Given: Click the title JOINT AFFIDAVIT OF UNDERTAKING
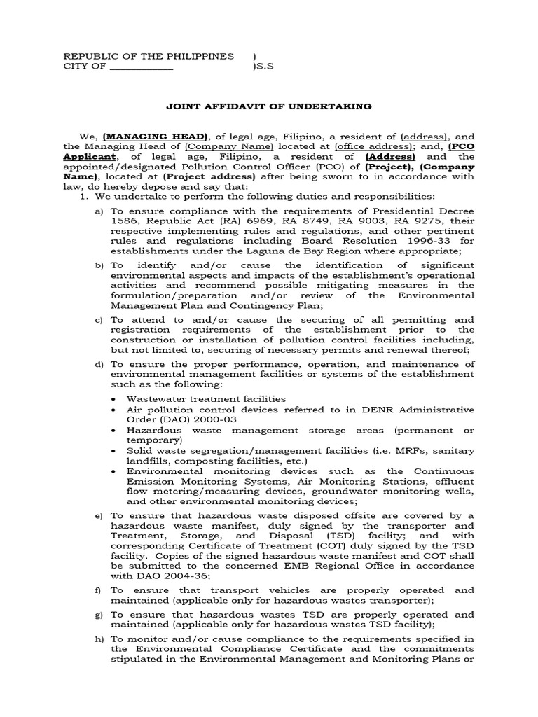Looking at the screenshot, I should [269, 106].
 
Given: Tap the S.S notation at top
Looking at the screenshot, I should [261, 67].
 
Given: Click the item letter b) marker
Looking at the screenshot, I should [99, 265].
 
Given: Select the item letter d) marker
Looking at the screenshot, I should [99, 364].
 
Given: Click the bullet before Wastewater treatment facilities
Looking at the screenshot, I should [114, 398].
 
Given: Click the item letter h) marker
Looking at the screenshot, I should [99, 639].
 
